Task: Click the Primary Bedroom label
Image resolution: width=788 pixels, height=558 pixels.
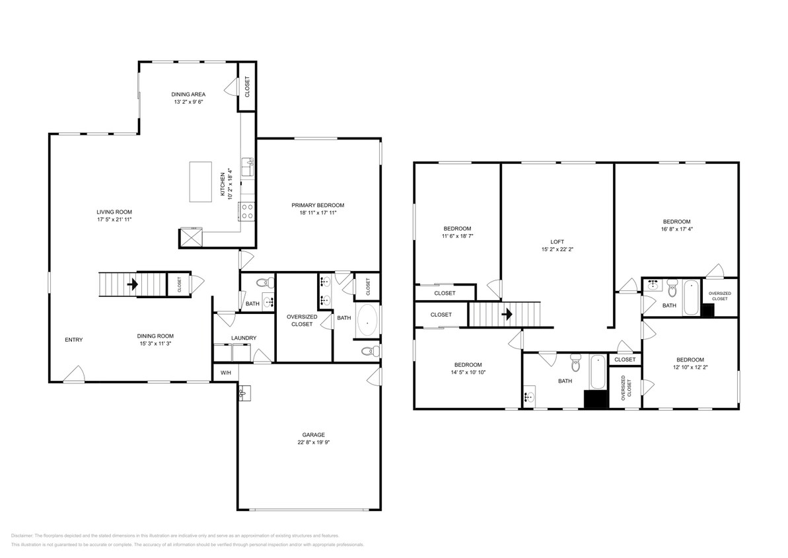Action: point(318,205)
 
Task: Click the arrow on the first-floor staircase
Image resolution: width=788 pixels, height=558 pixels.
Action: point(132,285)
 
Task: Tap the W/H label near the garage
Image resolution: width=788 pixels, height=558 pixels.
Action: point(225,373)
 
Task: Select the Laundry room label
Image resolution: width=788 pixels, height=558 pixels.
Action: point(244,339)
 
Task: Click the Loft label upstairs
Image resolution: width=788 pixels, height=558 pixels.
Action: point(556,242)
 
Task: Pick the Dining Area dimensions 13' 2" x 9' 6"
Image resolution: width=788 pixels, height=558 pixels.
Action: point(188,102)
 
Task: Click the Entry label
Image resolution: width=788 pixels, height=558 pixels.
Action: point(74,340)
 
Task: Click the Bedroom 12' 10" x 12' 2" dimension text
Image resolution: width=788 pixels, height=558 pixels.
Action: point(690,367)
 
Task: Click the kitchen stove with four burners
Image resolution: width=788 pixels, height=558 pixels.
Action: point(246,211)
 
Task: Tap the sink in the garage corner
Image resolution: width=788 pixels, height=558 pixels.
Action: point(243,393)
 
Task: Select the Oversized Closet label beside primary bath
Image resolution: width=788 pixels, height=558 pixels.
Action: point(302,321)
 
